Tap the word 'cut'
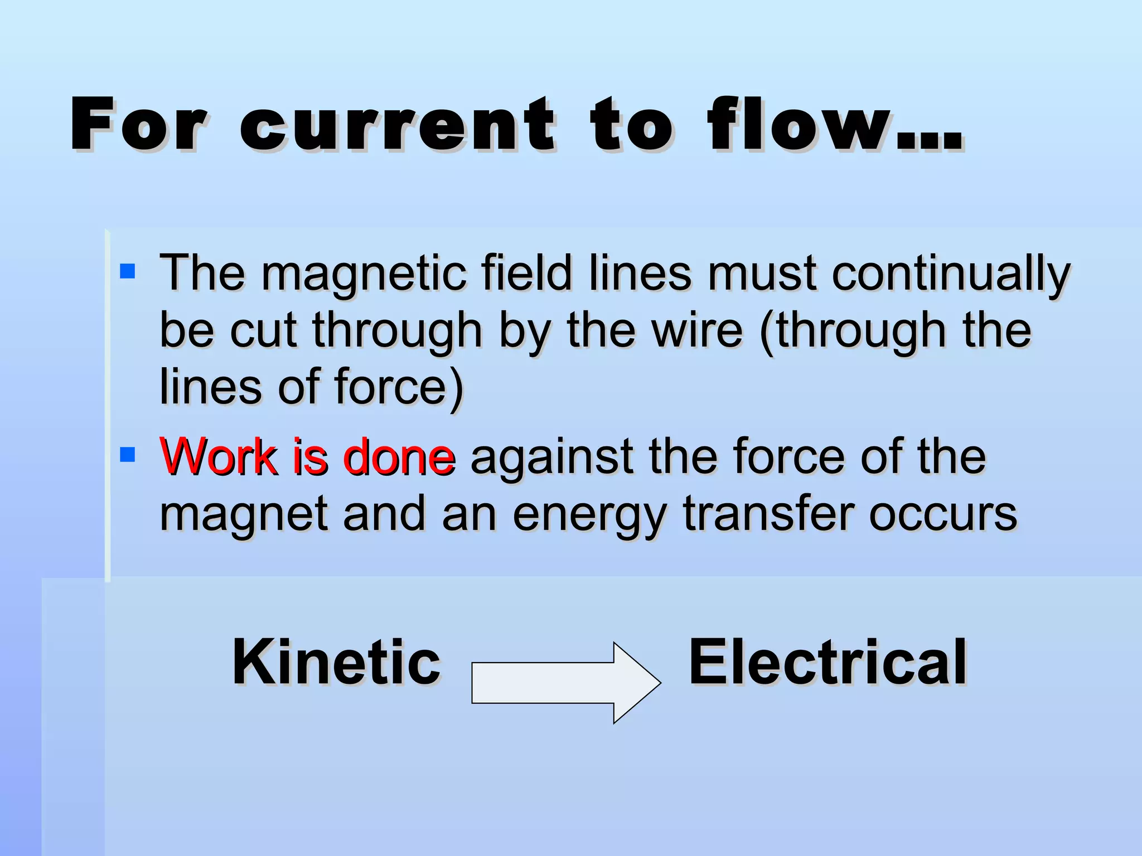click(263, 330)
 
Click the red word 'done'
click(399, 457)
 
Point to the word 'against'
click(552, 457)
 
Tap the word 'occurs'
click(943, 514)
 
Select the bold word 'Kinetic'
click(336, 662)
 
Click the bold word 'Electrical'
click(828, 662)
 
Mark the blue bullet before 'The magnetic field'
click(128, 271)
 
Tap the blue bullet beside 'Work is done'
click(128, 455)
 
